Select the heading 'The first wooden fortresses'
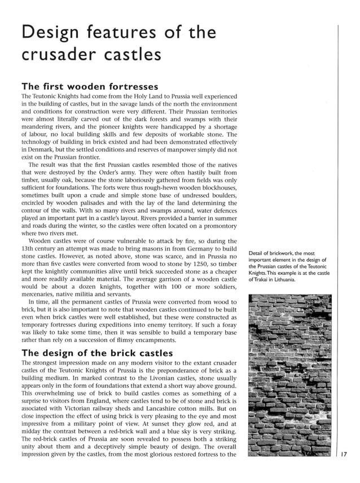[89, 86]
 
